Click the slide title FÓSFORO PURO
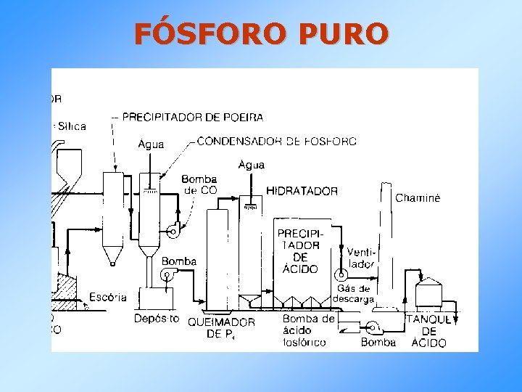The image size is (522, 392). point(261,33)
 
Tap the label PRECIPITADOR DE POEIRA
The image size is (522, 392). point(192,116)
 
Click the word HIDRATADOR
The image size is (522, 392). point(302,191)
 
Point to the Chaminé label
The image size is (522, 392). point(418,197)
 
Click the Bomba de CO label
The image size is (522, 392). point(199,185)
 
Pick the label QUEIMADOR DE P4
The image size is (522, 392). point(221,328)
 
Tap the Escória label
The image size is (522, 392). point(107,297)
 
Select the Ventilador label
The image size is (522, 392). point(360,258)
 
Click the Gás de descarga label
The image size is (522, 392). point(352,294)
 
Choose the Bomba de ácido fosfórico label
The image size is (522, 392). point(308,330)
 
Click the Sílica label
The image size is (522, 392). point(71,126)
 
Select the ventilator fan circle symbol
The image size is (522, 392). point(339,275)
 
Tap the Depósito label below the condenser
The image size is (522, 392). point(157,319)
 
